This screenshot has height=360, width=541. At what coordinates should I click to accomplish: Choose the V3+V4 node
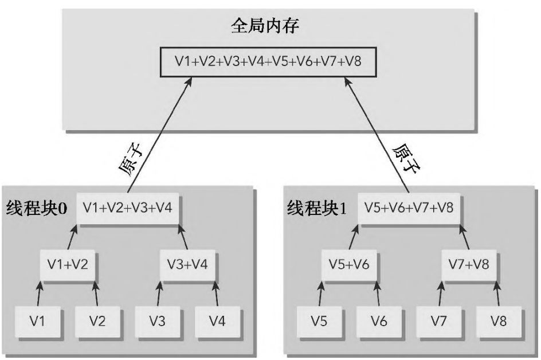pyautogui.click(x=187, y=264)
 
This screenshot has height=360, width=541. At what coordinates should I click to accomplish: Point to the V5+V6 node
pyautogui.click(x=348, y=264)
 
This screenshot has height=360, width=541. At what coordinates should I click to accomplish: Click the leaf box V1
pyautogui.click(x=38, y=320)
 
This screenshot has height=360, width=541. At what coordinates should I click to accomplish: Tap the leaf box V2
pyautogui.click(x=97, y=320)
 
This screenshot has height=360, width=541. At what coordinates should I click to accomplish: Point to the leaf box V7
pyautogui.click(x=439, y=320)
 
